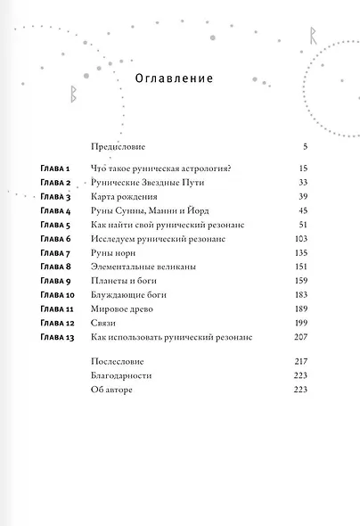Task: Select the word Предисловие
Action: [119, 144]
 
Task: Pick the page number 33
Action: [300, 183]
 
